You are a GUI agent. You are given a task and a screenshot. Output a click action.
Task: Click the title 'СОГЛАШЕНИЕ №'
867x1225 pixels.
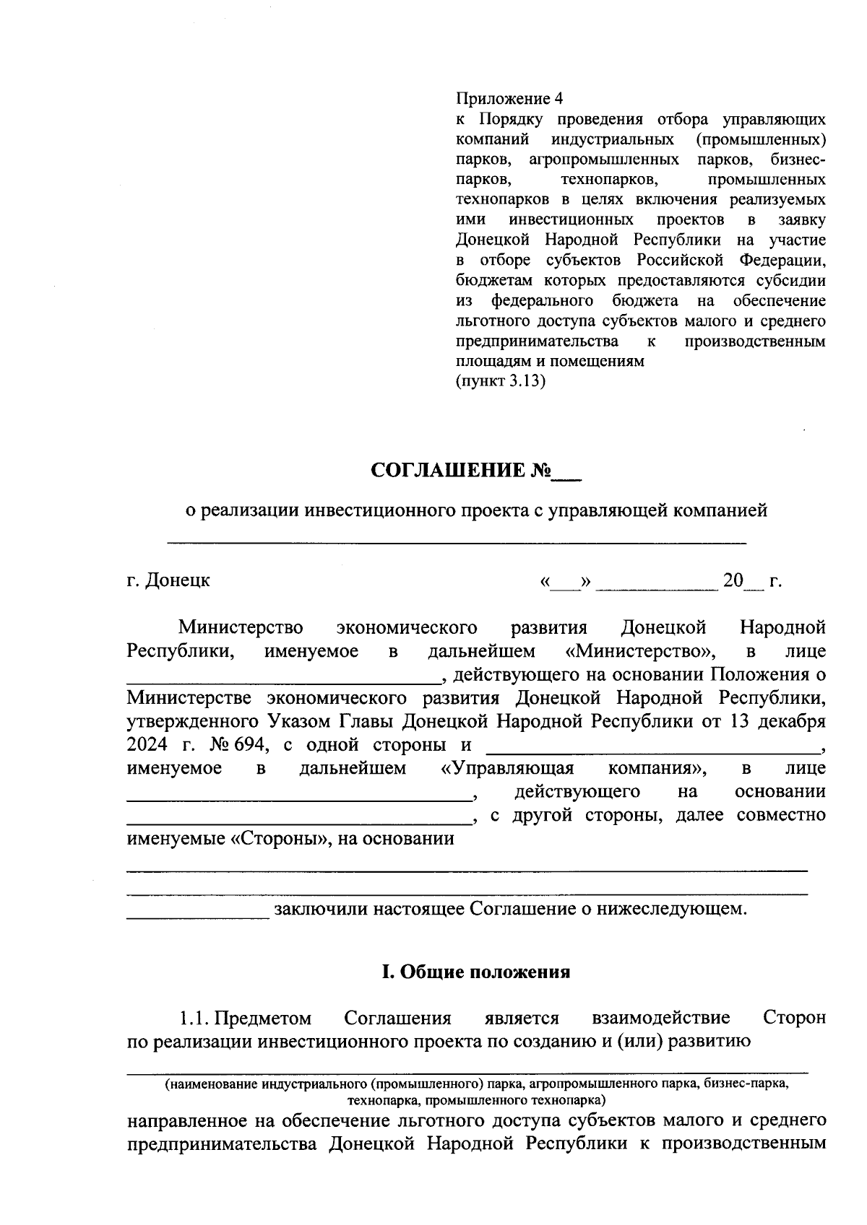point(461,471)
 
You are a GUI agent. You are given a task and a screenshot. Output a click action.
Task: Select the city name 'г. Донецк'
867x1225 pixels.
point(168,580)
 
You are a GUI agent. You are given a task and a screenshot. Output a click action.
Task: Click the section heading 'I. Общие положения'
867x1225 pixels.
point(475,972)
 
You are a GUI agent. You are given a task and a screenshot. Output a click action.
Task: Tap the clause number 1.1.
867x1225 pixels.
point(194,1019)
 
